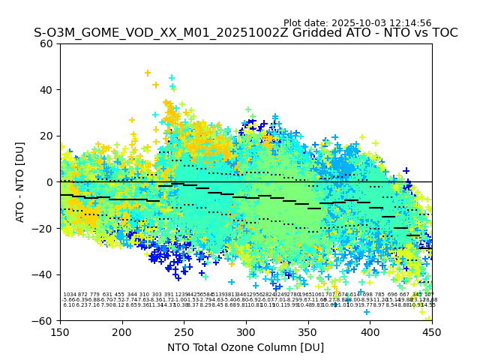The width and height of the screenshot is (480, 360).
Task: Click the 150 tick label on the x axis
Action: [x=60, y=331]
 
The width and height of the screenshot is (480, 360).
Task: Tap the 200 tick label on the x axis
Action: [x=122, y=331]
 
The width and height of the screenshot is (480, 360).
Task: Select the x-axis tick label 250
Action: [x=184, y=331]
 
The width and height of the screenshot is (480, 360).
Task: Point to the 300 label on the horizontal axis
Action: [x=246, y=331]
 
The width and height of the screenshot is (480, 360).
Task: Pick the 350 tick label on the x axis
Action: [x=308, y=331]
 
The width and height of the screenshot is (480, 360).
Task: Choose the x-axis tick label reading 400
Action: [x=370, y=331]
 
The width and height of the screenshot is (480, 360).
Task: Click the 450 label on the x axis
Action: [x=432, y=331]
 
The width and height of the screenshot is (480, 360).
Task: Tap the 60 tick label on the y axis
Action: [x=47, y=43]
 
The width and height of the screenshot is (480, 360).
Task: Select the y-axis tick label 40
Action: [x=47, y=90]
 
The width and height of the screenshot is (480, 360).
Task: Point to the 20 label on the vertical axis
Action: [x=47, y=136]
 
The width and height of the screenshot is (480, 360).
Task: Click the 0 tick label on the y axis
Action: [x=50, y=182]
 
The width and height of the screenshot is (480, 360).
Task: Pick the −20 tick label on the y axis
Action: [x=44, y=228]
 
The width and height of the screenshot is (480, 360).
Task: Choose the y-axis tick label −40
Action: [x=44, y=274]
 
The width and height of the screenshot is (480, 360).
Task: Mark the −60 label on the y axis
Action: [x=44, y=320]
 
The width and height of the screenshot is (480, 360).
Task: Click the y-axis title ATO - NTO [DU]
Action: [x=20, y=181]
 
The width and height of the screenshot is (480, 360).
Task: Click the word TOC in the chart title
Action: [x=443, y=34]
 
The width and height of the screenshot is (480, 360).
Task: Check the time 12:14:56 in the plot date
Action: [x=411, y=23]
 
